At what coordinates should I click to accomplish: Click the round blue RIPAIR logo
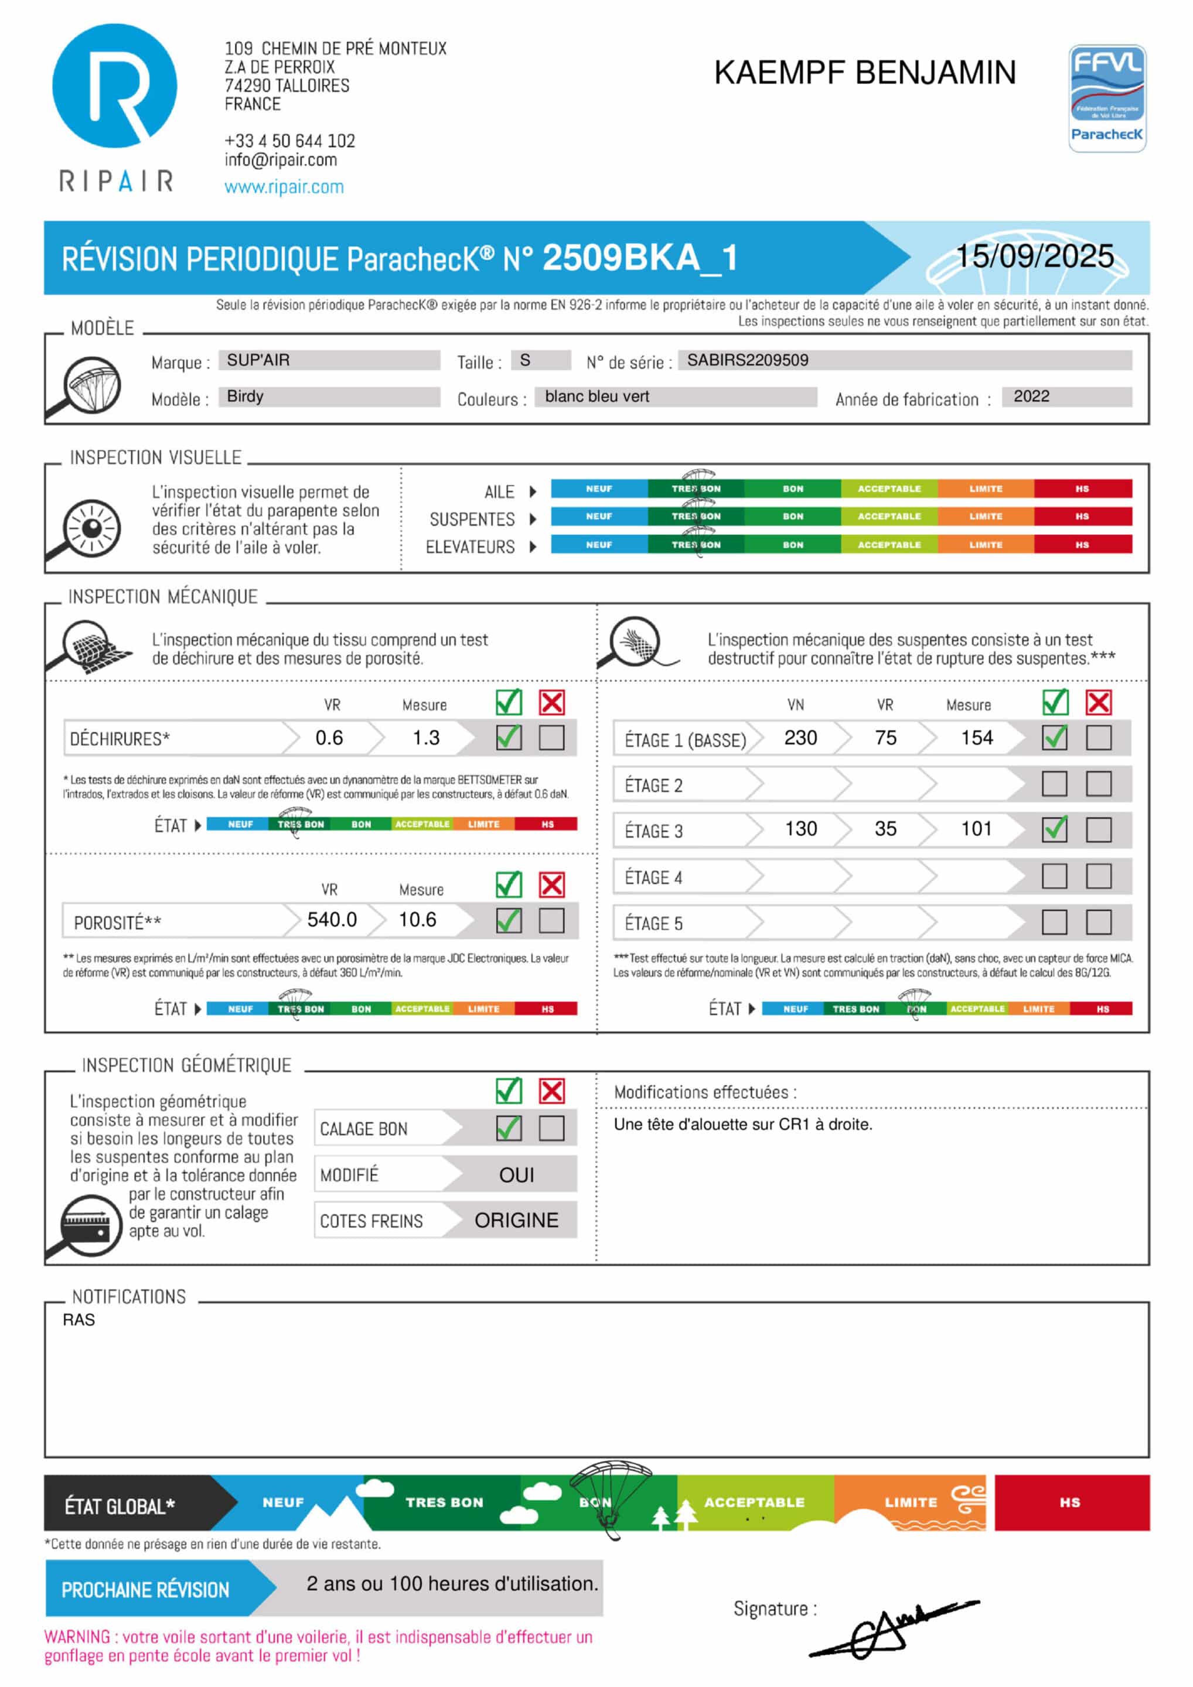(115, 86)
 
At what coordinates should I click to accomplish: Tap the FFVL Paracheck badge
(1106, 98)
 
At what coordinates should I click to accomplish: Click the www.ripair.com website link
(284, 187)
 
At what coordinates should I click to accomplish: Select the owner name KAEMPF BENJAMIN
(864, 73)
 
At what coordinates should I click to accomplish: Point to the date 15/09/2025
(1034, 257)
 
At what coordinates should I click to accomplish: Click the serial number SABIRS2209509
(747, 360)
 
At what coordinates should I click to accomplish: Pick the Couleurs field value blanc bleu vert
(597, 397)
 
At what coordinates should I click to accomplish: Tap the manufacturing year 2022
(1031, 397)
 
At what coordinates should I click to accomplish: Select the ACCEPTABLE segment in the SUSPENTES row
(889, 517)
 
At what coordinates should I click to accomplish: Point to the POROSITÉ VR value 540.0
(332, 920)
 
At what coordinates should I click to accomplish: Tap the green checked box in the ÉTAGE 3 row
(1054, 829)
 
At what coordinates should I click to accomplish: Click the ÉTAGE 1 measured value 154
(976, 737)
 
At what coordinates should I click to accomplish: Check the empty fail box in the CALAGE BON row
(551, 1128)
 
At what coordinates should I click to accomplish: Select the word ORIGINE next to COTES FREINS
(516, 1220)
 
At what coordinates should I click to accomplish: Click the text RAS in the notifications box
(79, 1320)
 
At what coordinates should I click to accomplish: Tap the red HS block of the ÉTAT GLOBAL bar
(1071, 1502)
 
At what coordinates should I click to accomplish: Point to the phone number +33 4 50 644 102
(289, 141)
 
